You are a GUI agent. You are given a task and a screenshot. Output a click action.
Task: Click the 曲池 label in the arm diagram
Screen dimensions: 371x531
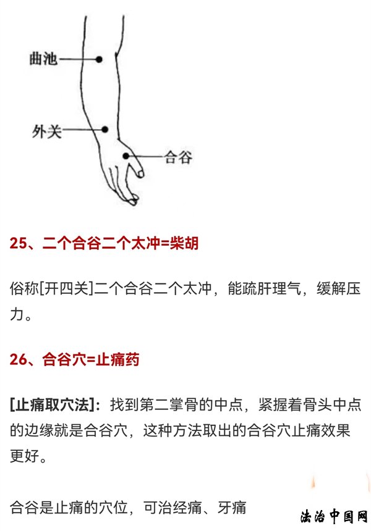(x=43, y=59)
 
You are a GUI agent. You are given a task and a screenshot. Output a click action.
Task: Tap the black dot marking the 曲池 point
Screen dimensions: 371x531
(x=99, y=60)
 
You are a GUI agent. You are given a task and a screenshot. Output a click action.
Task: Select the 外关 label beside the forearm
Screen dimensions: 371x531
(x=47, y=131)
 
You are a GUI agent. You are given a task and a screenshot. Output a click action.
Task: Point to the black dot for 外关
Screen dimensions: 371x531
(x=104, y=130)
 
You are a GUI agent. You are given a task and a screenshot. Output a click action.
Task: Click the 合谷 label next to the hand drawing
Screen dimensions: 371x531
(x=178, y=157)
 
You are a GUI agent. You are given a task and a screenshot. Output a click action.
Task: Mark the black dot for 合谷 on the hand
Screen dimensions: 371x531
(x=126, y=156)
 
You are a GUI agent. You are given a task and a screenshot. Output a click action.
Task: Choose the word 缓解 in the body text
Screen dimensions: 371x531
(x=331, y=289)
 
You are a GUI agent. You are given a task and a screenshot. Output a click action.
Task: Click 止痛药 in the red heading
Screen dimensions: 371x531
(x=117, y=359)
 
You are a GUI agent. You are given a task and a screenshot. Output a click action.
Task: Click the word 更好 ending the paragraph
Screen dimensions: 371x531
(x=24, y=456)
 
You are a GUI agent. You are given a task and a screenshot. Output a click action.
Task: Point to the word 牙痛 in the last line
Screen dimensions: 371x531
(x=232, y=508)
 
